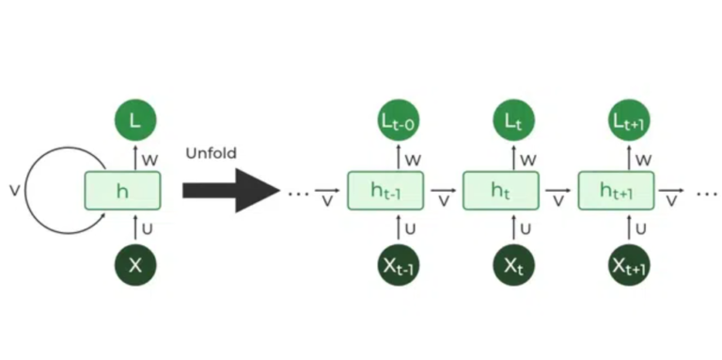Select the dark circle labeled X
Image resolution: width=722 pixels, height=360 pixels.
(x=135, y=265)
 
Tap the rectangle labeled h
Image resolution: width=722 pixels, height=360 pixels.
(x=123, y=191)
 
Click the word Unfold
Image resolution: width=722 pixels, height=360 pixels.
(x=211, y=151)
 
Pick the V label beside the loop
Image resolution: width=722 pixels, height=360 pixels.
(x=13, y=191)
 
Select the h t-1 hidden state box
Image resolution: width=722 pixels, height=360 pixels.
(x=385, y=191)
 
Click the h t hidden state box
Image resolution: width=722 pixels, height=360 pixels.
(x=501, y=191)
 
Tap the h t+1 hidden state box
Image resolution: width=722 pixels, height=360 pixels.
(x=617, y=191)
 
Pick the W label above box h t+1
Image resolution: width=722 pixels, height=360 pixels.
(x=644, y=160)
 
